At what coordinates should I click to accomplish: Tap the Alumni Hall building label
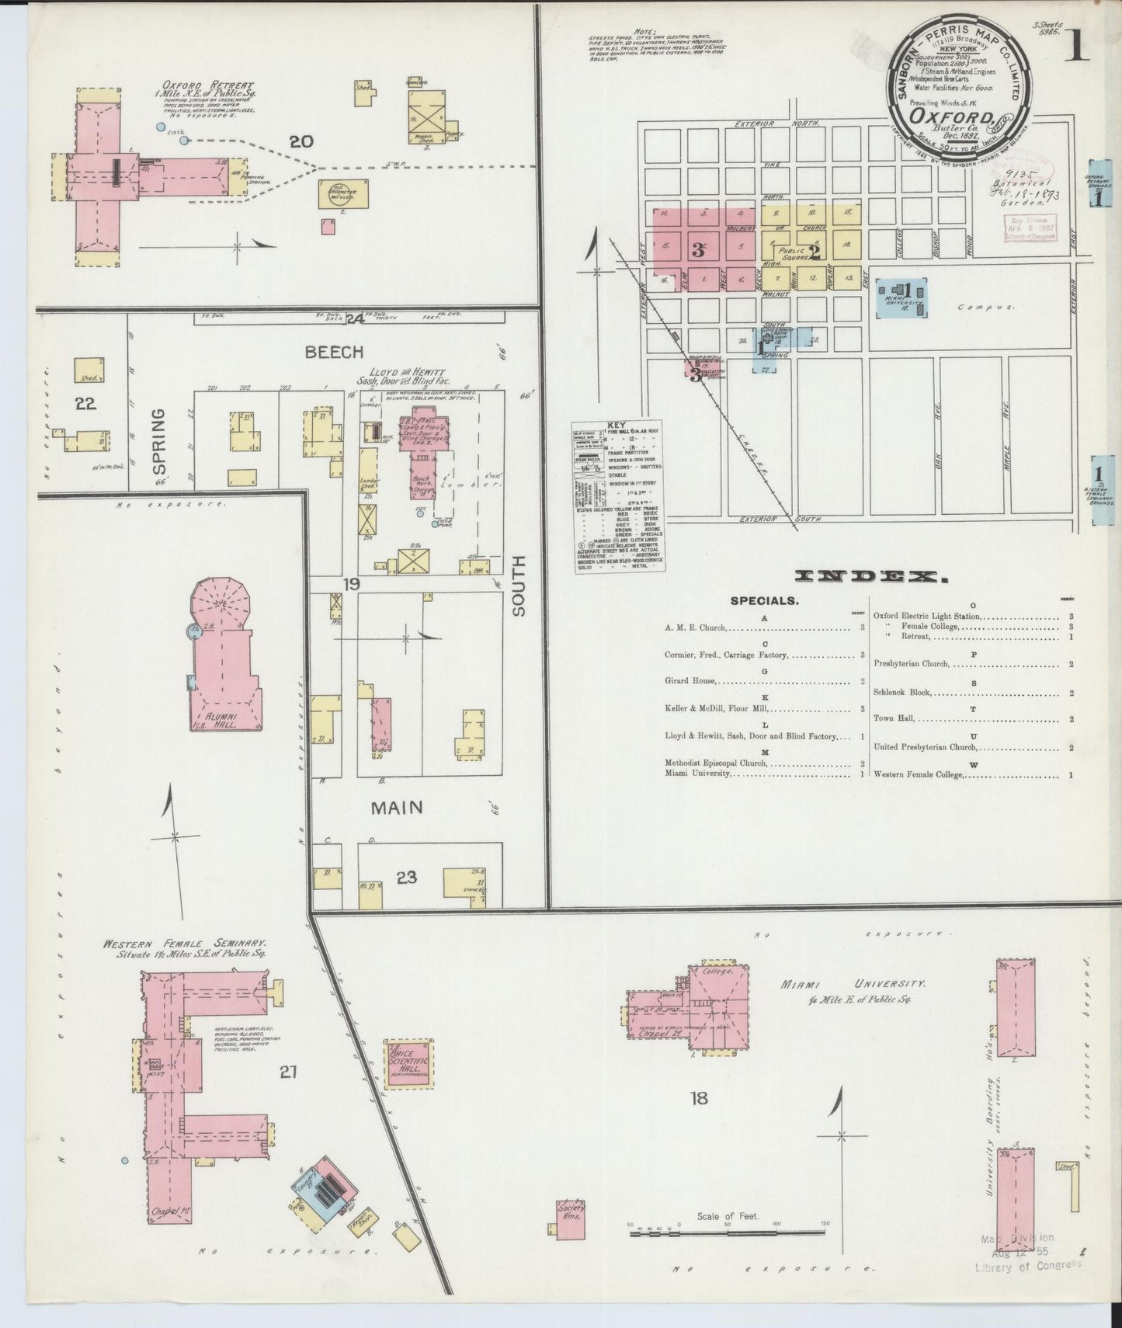pyautogui.click(x=226, y=717)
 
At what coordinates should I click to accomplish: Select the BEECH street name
pyautogui.click(x=334, y=352)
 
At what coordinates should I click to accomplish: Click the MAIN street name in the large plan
pyautogui.click(x=396, y=808)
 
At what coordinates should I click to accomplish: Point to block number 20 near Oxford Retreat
pyautogui.click(x=300, y=141)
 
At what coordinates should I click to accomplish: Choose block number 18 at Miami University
pyautogui.click(x=699, y=1097)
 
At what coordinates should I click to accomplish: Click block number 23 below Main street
pyautogui.click(x=407, y=878)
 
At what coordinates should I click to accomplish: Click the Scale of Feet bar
pyautogui.click(x=727, y=1252)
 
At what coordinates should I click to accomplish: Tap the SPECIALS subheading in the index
pyautogui.click(x=763, y=600)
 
